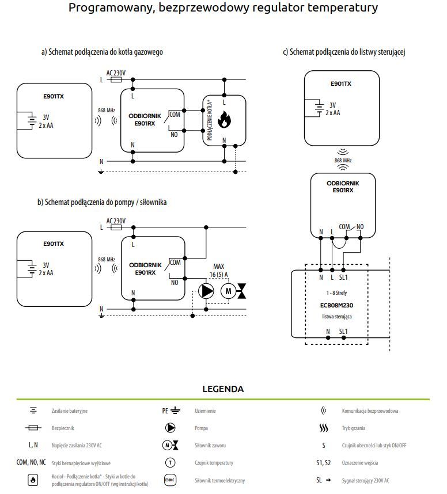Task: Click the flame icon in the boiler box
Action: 224,119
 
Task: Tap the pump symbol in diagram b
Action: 206,291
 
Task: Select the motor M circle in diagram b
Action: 228,291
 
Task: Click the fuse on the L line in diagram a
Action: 116,79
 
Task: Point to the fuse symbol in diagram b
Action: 116,227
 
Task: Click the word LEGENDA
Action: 223,389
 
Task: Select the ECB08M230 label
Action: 336,305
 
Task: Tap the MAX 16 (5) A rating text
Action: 219,270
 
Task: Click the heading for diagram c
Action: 344,52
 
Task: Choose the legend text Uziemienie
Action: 205,411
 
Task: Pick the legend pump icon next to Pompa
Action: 171,428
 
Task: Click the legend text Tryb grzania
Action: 354,428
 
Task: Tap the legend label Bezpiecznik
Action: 63,428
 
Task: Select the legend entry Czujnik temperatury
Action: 214,463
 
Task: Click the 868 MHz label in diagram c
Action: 343,161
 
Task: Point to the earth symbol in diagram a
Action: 101,172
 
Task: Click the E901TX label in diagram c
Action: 341,84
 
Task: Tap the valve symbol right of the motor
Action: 242,291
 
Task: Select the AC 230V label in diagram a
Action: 116,73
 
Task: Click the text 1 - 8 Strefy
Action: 336,292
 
